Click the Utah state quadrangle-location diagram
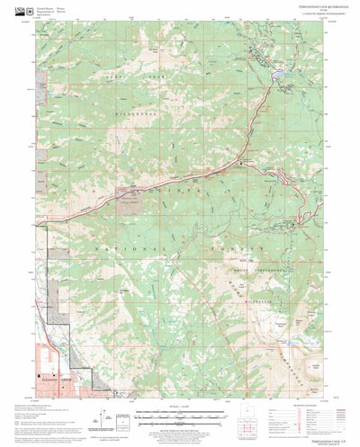point(254,415)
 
